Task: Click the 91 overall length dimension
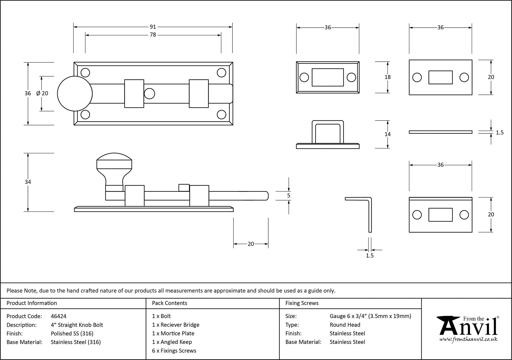[x=153, y=27]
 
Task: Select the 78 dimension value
[x=153, y=35]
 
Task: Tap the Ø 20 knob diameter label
[x=42, y=93]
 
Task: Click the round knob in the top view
[x=74, y=94]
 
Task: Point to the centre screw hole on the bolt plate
[x=150, y=94]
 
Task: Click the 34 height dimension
[x=28, y=182]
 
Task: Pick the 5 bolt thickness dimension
[x=289, y=196]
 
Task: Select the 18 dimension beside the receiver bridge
[x=388, y=77]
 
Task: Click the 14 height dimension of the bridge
[x=388, y=134]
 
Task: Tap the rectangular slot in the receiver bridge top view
[x=328, y=77]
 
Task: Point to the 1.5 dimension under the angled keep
[x=370, y=256]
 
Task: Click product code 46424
[x=59, y=316]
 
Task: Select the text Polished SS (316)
[x=72, y=333]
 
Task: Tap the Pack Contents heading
[x=169, y=303]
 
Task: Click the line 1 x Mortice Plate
[x=173, y=333]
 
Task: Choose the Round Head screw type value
[x=345, y=325]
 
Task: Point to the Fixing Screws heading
[x=302, y=303]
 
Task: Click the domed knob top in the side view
[x=114, y=157]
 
